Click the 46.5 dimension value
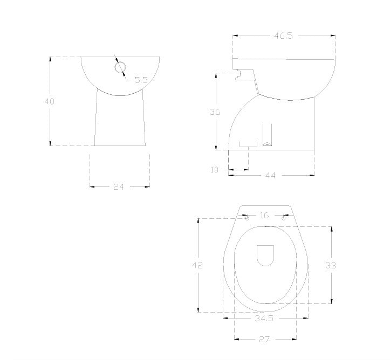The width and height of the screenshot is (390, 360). [283, 36]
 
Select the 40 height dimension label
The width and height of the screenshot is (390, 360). [49, 101]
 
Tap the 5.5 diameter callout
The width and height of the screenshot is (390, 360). [141, 80]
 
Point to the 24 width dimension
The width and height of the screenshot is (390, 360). [118, 187]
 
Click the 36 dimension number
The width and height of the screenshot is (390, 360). [215, 112]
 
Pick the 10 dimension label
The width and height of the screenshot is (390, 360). [214, 170]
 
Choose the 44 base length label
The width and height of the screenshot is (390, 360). [270, 176]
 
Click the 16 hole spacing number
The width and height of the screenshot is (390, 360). [264, 216]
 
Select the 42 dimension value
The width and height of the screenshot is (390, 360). [197, 265]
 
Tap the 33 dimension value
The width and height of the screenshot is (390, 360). [331, 265]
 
